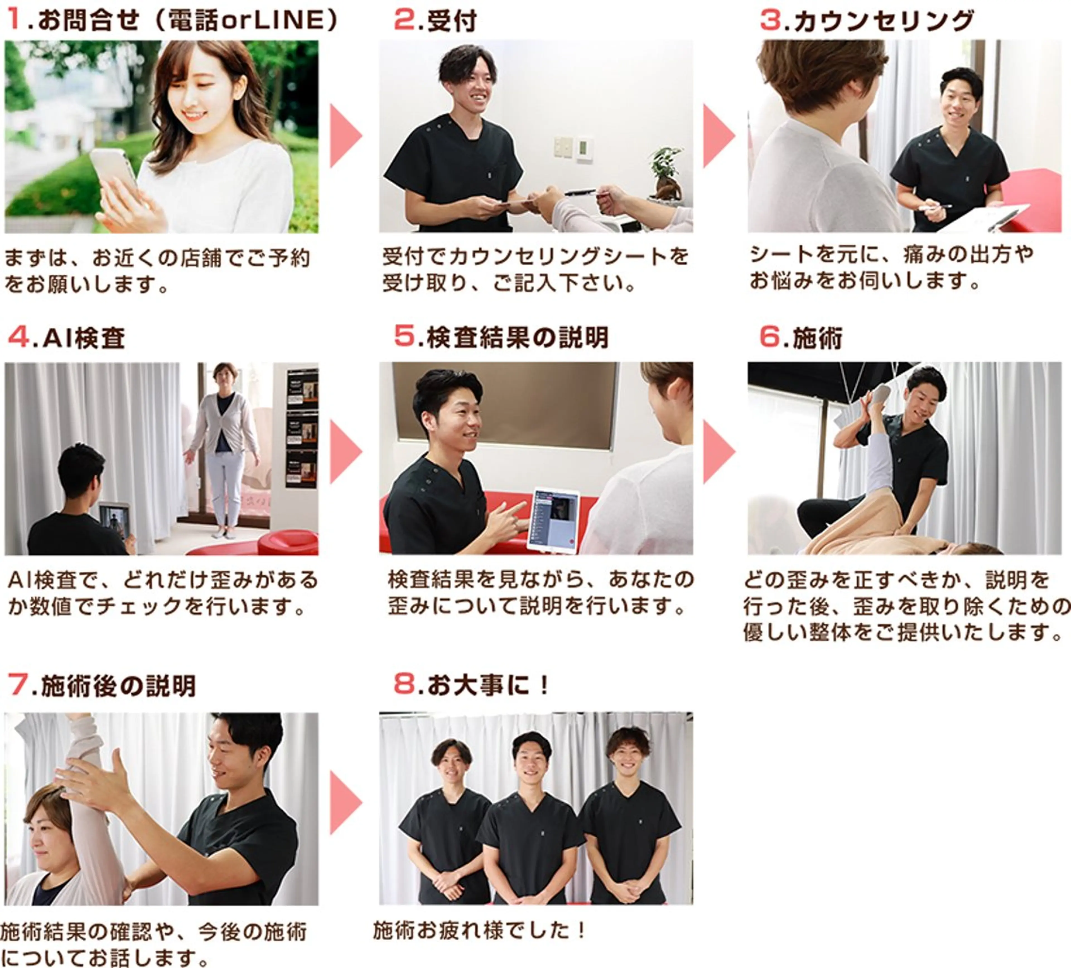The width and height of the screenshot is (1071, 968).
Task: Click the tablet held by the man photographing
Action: click(x=114, y=518)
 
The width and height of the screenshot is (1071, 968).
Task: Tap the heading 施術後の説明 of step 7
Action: click(x=118, y=686)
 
